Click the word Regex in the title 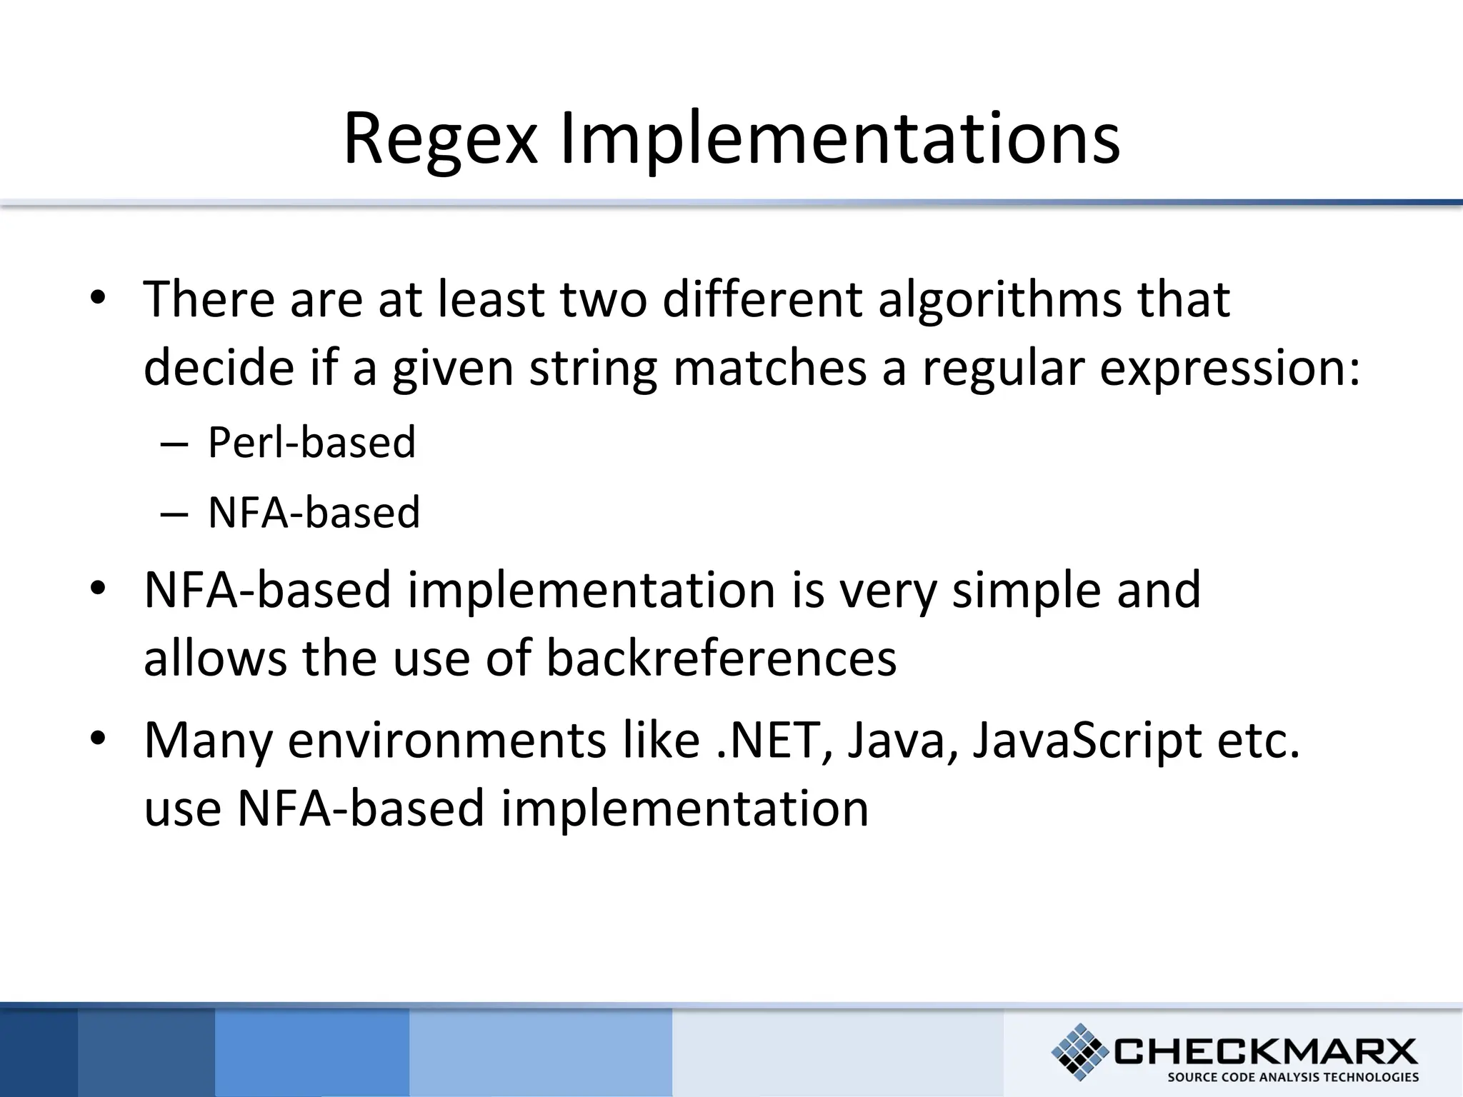[x=439, y=139]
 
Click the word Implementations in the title [x=839, y=139]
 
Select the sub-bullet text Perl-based [x=311, y=442]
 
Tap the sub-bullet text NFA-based [x=314, y=512]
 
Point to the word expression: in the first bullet [x=1229, y=368]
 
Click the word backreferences [x=721, y=658]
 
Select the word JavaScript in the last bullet [x=1087, y=740]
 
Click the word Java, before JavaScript [x=903, y=740]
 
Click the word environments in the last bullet [x=447, y=740]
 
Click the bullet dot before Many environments [x=98, y=738]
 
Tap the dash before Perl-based [x=174, y=444]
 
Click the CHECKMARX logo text [x=1264, y=1051]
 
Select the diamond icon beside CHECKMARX [x=1080, y=1051]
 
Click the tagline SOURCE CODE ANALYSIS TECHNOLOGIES [x=1292, y=1078]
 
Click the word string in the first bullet [x=592, y=368]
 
